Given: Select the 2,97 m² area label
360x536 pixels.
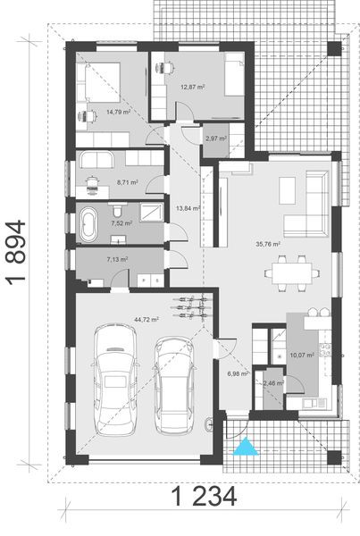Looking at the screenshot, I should pyautogui.click(x=215, y=138).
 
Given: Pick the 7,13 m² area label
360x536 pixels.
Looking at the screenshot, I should pyautogui.click(x=117, y=259).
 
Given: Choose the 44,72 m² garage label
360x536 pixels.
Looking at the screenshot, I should pyautogui.click(x=147, y=318).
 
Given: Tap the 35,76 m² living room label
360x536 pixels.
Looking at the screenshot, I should pyautogui.click(x=268, y=243).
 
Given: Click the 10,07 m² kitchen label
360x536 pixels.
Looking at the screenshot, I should pyautogui.click(x=296, y=355).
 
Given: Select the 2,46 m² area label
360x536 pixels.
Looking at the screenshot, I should pyautogui.click(x=272, y=383).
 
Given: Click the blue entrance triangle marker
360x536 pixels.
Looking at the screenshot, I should pyautogui.click(x=243, y=447).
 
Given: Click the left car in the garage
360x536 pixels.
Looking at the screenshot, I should pyautogui.click(x=114, y=380).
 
